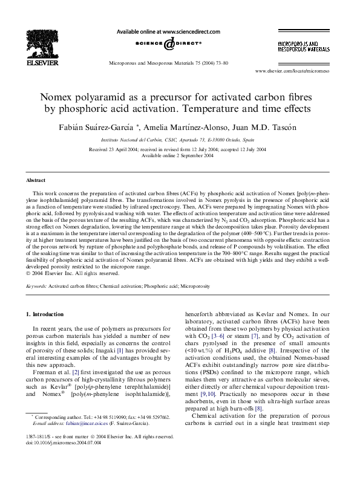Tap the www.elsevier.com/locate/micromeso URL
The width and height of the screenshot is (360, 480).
[x=296, y=71]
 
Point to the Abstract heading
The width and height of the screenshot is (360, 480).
[x=36, y=180]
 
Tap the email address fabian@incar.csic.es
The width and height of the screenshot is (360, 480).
[x=68, y=441]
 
